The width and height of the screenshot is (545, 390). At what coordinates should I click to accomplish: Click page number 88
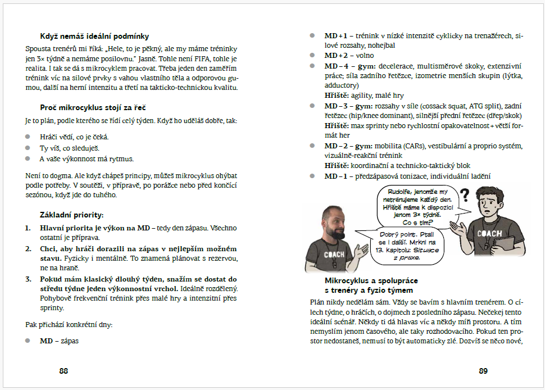[x=63, y=371]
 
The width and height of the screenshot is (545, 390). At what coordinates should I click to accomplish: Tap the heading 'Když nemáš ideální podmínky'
[x=94, y=36]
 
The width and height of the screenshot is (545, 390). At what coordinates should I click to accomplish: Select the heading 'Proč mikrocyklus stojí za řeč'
[x=93, y=107]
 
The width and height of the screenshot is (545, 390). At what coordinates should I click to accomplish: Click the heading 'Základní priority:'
[x=72, y=215]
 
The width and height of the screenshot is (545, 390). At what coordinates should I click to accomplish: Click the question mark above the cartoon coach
[x=464, y=196]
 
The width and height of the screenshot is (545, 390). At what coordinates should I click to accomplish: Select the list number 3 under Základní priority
[x=28, y=279]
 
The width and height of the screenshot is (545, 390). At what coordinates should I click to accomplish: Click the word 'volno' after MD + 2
[x=365, y=56]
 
